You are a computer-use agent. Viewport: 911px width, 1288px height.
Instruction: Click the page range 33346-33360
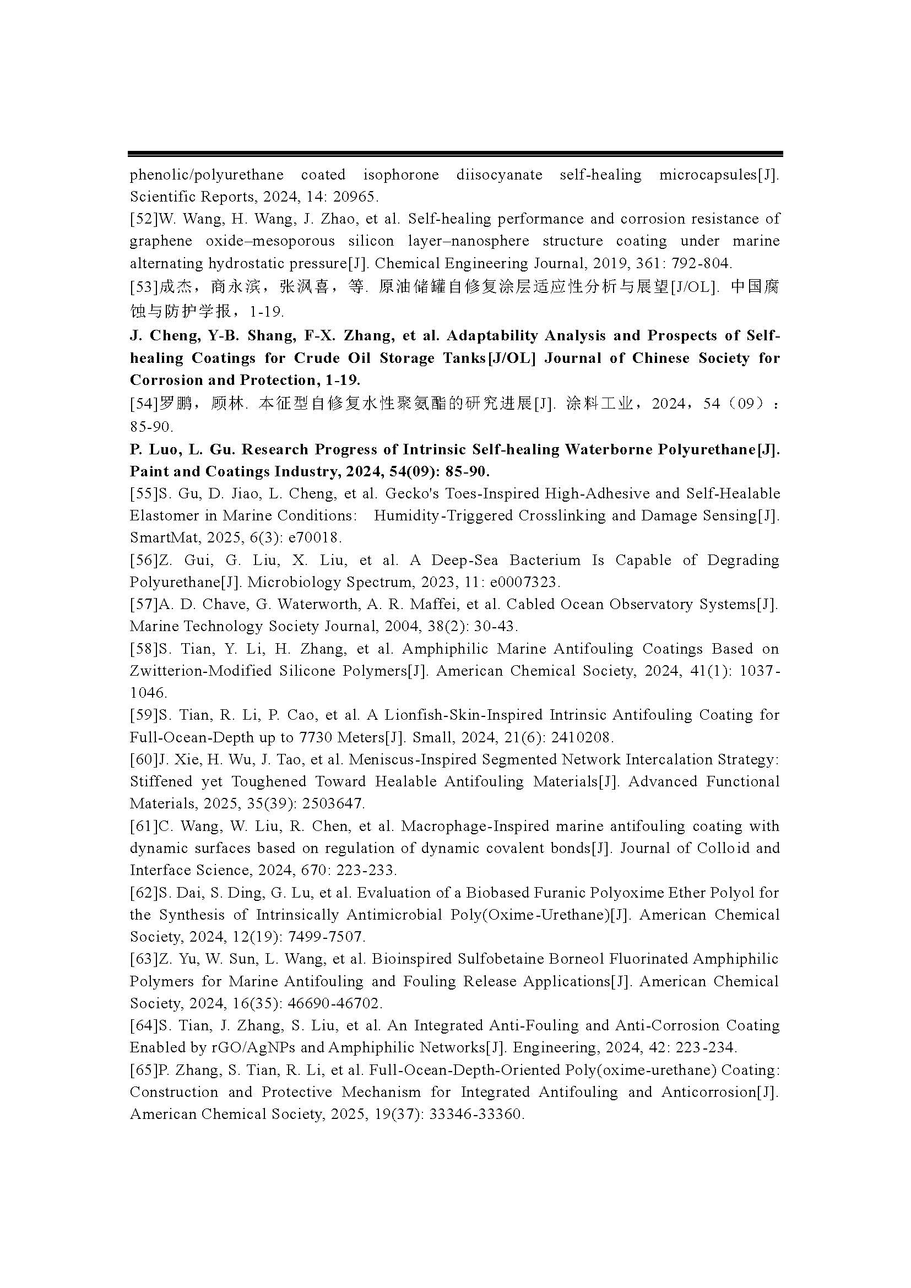[x=476, y=1115]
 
